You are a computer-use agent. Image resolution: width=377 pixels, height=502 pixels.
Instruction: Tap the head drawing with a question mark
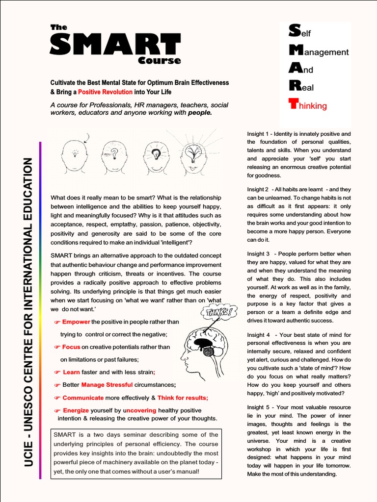pos(114,156)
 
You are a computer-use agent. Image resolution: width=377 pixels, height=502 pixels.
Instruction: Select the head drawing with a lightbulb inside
pos(156,156)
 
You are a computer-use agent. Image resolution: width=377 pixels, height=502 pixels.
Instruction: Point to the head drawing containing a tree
pos(193,156)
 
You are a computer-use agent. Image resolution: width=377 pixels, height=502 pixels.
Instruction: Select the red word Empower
pos(76,322)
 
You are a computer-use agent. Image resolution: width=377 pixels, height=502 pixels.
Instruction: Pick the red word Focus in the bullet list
pos(71,347)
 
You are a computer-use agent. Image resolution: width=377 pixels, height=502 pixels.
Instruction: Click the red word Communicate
pos(83,398)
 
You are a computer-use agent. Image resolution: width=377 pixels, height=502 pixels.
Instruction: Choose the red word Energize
pos(76,410)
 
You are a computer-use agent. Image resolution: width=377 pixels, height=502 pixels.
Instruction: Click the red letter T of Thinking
pos(294,103)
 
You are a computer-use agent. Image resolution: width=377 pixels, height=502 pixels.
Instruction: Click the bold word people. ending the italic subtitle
pos(200,113)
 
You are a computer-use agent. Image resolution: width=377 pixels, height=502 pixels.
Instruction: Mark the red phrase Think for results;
pos(183,398)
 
